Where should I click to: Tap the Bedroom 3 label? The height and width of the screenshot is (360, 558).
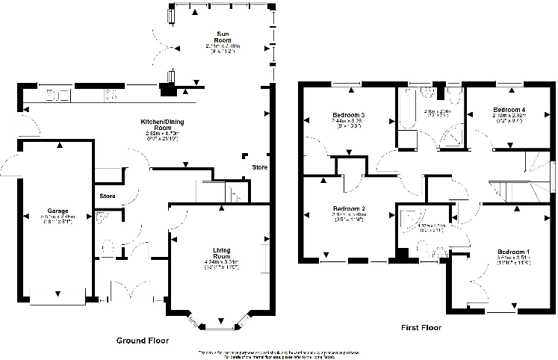(x=348, y=114)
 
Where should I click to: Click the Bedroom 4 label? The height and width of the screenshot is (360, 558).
(x=508, y=110)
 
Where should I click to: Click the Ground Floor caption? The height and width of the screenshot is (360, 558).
(x=142, y=341)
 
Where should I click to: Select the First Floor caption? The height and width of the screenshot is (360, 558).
(x=421, y=327)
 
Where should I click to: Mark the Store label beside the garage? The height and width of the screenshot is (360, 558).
(x=107, y=197)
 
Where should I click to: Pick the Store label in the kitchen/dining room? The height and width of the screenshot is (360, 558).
(x=259, y=167)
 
